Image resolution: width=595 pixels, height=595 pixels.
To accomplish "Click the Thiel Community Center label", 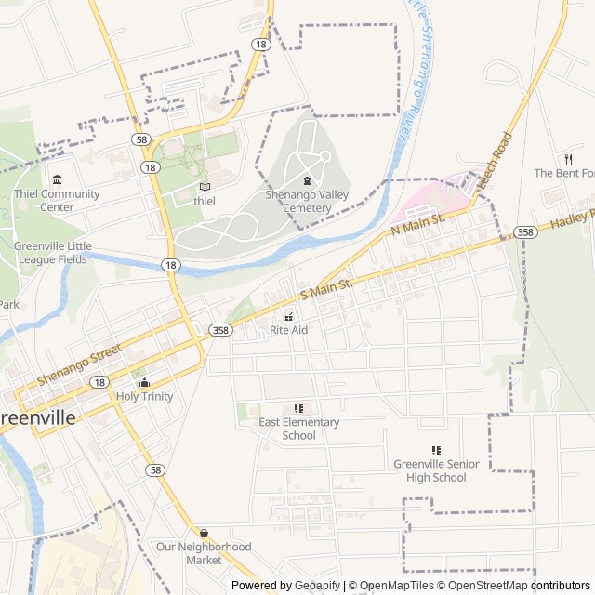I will [57, 200].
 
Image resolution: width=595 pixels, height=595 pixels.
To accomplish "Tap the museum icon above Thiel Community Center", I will [58, 179].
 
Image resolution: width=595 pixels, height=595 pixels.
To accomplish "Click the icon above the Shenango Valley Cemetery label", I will [307, 180].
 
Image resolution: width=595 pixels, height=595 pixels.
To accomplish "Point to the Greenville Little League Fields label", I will [53, 252].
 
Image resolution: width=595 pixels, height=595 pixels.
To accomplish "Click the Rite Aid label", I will [288, 330].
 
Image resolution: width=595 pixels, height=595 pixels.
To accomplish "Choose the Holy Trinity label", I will [144, 396].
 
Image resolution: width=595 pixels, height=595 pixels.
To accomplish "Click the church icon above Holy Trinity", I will [144, 382].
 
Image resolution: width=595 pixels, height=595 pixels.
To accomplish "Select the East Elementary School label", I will [298, 429].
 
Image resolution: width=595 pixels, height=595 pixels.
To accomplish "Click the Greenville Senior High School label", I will [436, 470].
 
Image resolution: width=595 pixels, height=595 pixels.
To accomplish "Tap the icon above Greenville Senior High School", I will [436, 451].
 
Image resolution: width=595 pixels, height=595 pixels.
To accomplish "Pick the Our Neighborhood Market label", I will [204, 553].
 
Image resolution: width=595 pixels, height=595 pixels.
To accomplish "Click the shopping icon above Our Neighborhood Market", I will [204, 534].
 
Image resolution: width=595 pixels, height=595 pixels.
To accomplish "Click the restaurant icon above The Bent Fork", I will [567, 159].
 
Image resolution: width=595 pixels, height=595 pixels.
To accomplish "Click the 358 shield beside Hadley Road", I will [525, 232].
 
